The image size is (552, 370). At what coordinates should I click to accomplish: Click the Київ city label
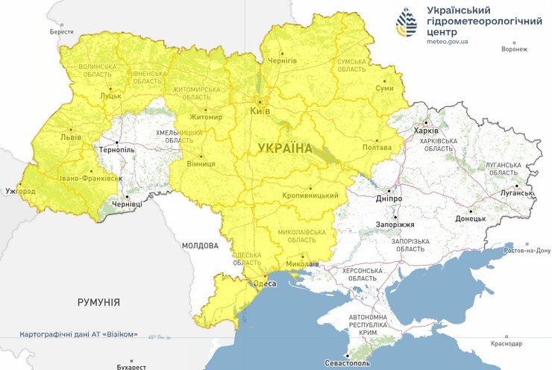(260, 111)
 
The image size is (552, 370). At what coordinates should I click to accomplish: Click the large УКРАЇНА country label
(285, 148)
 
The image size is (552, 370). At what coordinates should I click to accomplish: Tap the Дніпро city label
(389, 199)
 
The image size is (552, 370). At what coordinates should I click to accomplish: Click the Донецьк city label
(470, 219)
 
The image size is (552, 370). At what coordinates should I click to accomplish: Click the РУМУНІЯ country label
(98, 302)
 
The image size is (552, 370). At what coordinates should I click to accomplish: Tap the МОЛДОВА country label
(200, 245)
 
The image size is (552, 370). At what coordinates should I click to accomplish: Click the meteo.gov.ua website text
(448, 43)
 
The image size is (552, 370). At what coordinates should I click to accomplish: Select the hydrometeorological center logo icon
(407, 25)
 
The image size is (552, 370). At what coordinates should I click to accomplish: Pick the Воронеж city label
(514, 49)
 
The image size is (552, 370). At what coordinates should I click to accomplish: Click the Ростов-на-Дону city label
(527, 251)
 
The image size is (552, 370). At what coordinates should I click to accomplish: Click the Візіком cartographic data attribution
(78, 334)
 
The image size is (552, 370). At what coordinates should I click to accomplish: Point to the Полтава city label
(377, 148)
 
